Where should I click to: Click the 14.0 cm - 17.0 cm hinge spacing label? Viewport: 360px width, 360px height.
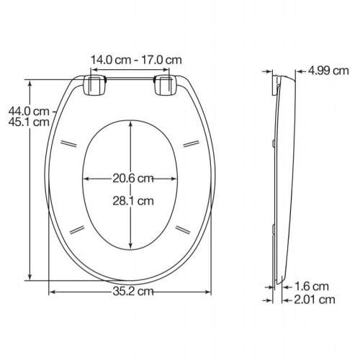[x=136, y=60]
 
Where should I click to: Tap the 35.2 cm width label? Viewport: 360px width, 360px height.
[x=133, y=292]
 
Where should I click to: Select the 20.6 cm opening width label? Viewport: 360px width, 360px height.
[x=133, y=179]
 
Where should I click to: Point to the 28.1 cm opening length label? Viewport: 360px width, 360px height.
[x=133, y=201]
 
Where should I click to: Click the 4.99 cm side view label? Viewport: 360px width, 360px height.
[x=328, y=71]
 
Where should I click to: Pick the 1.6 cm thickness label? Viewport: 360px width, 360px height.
[x=312, y=287]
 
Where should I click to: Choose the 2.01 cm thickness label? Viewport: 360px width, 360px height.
[x=315, y=300]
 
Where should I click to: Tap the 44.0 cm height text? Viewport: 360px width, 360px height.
[x=29, y=112]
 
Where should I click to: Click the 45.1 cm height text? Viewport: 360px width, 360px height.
[x=29, y=122]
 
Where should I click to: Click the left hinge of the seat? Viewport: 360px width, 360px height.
[x=94, y=86]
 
